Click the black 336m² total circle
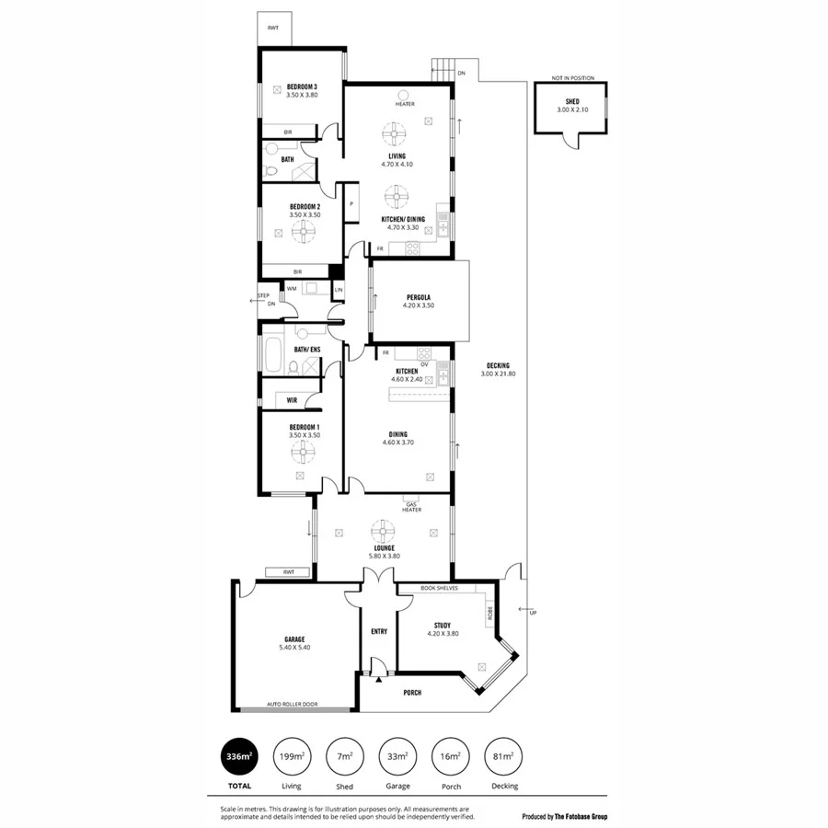click(239, 756)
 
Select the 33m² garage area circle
click(398, 756)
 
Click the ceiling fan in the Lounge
click(382, 531)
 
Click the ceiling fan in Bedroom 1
click(302, 451)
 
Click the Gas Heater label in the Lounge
click(411, 507)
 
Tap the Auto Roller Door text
click(293, 705)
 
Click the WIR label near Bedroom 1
click(292, 400)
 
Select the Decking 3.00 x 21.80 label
click(498, 369)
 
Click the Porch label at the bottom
click(412, 693)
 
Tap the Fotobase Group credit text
click(565, 817)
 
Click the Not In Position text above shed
click(572, 78)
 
